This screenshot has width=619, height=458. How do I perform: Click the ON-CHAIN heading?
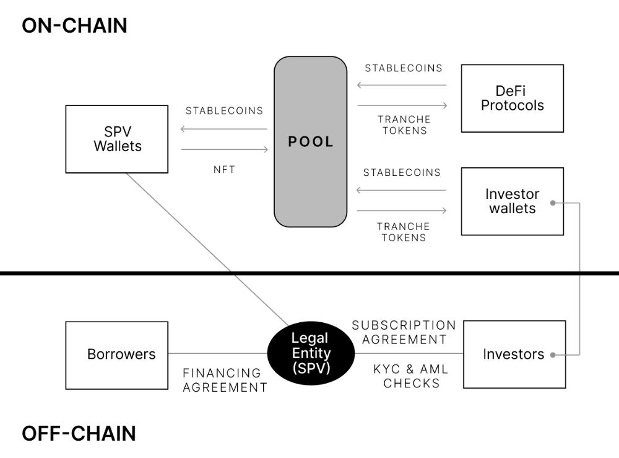(x=75, y=25)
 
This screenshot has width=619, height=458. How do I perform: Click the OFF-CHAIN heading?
(x=79, y=433)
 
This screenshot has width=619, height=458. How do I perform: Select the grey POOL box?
(x=311, y=141)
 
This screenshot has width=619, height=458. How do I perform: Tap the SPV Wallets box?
(x=117, y=139)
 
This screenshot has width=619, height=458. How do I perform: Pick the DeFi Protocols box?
(x=513, y=99)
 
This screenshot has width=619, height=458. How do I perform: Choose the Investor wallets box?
(x=513, y=201)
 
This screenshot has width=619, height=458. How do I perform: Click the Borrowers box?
(x=117, y=355)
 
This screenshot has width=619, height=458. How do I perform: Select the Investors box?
(x=514, y=355)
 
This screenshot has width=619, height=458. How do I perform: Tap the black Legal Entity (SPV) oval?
(x=311, y=353)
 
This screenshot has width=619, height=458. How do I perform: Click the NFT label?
(x=224, y=170)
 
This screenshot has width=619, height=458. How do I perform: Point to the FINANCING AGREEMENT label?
(x=225, y=380)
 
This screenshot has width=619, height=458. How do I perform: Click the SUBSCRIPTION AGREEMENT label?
(x=404, y=332)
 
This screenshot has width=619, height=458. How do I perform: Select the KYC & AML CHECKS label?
(x=411, y=376)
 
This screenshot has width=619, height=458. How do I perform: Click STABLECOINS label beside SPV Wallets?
(x=224, y=111)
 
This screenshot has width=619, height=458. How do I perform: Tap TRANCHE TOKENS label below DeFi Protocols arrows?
(x=404, y=125)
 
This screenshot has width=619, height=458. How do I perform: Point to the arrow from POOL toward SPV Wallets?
(x=224, y=129)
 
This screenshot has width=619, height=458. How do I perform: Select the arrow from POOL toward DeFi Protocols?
(x=402, y=105)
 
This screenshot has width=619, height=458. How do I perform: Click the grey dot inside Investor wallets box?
(x=553, y=203)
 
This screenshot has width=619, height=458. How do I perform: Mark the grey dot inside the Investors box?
(x=553, y=355)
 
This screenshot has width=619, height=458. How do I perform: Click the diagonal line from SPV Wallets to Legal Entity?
(x=207, y=249)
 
